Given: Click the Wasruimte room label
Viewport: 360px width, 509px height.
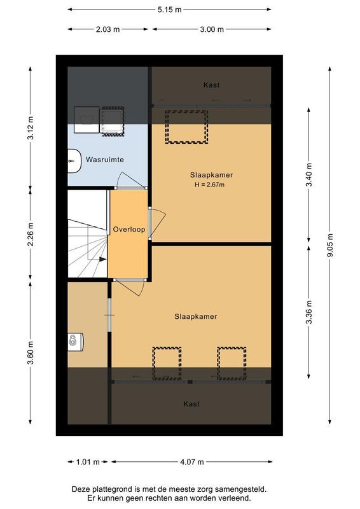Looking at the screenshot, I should coord(105,160).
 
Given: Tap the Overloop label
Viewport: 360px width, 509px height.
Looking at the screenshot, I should coord(129,229).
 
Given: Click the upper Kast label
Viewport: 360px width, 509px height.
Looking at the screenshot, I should coord(212,85).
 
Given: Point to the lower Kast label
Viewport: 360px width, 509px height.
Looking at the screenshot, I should coord(191,403).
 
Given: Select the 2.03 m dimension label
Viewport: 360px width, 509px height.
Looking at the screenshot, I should coord(108,29).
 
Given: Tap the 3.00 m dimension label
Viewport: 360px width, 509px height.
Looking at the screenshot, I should coord(211,29).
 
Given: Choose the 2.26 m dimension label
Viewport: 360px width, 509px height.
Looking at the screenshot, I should coord(31,234).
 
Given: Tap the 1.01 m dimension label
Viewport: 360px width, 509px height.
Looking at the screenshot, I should coord(83,462).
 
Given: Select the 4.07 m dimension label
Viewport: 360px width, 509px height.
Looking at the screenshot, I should coord(191,462).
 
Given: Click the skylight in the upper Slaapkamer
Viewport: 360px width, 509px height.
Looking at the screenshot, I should coord(186,127).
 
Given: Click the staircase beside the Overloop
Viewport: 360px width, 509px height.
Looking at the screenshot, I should coord(87,235).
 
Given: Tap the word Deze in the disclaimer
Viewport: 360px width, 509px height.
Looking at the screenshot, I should coord(83,489).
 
